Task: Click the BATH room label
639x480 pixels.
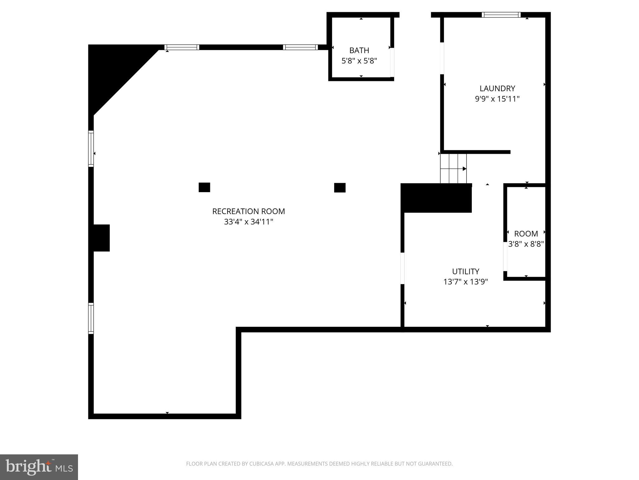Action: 359,50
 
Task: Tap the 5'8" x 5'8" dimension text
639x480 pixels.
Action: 359,61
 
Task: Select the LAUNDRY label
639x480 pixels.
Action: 497,88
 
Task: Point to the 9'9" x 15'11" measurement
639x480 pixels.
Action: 497,99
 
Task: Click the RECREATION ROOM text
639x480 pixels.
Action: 248,212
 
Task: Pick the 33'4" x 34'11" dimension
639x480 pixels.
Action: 248,222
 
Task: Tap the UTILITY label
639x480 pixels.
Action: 466,271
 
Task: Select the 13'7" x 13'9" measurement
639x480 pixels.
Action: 466,282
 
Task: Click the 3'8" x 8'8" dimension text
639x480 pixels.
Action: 526,244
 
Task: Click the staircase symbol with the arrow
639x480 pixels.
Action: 453,168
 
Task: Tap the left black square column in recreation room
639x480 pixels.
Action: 204,187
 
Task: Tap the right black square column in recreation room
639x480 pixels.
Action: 340,187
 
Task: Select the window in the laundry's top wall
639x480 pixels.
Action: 501,15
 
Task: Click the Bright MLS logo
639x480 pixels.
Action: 39,467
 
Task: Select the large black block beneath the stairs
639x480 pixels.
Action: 436,198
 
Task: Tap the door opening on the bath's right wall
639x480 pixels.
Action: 392,62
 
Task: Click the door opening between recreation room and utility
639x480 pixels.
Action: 402,268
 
